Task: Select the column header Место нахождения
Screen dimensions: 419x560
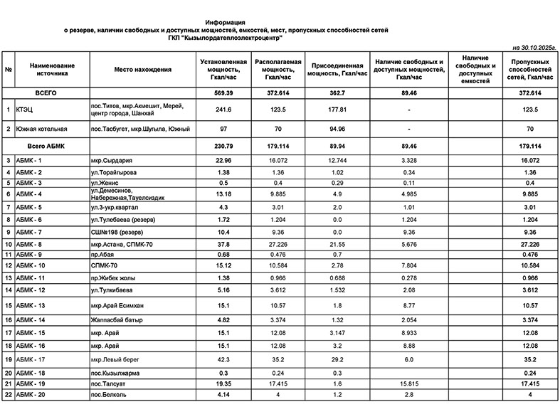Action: tap(143, 69)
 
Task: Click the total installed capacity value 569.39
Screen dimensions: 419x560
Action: tap(224, 93)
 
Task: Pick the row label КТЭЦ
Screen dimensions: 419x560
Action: tap(26, 110)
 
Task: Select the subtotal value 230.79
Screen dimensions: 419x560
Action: tap(224, 147)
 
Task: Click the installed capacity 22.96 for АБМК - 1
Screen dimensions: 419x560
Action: tap(224, 161)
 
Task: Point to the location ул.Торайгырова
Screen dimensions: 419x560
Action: tap(116, 173)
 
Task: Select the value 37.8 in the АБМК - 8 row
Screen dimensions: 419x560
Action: tap(224, 243)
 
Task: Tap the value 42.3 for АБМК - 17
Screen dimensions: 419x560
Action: tap(224, 360)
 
